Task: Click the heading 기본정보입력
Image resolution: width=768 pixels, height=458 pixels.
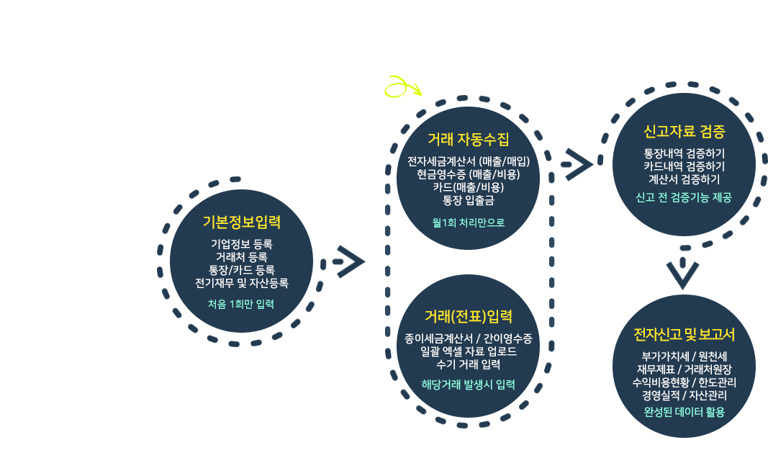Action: click(x=241, y=221)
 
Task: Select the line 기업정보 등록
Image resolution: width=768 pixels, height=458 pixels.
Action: click(x=241, y=243)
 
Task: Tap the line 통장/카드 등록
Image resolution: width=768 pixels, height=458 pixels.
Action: click(x=241, y=270)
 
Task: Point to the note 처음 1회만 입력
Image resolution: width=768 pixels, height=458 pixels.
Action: click(x=241, y=304)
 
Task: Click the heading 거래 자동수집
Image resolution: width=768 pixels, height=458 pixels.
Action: click(x=468, y=138)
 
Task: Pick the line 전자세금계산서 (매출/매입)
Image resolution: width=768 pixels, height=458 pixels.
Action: click(x=468, y=161)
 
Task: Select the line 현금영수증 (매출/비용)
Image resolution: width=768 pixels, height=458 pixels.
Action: click(x=468, y=174)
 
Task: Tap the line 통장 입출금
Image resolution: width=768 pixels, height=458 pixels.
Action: click(x=468, y=200)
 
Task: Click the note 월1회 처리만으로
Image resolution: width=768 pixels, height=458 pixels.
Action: click(x=468, y=223)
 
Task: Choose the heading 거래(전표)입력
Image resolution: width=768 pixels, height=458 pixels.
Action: click(x=468, y=316)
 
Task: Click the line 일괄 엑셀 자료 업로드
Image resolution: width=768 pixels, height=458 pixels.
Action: click(x=468, y=351)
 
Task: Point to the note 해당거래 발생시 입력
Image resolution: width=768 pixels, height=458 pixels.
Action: click(x=468, y=384)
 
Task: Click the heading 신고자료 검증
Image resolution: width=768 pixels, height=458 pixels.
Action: click(x=684, y=132)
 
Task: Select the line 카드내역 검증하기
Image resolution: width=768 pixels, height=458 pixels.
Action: click(x=684, y=166)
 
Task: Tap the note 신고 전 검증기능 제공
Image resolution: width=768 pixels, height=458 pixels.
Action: click(x=684, y=197)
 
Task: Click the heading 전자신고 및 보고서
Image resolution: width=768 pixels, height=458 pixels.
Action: click(x=684, y=335)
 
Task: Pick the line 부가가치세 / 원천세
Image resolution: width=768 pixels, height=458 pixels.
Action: click(x=684, y=356)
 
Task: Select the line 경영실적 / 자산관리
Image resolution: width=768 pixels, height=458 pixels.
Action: click(x=684, y=395)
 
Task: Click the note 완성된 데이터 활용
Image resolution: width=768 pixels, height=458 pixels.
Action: click(x=684, y=412)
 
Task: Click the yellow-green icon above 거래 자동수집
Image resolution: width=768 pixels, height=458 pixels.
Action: click(x=402, y=86)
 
